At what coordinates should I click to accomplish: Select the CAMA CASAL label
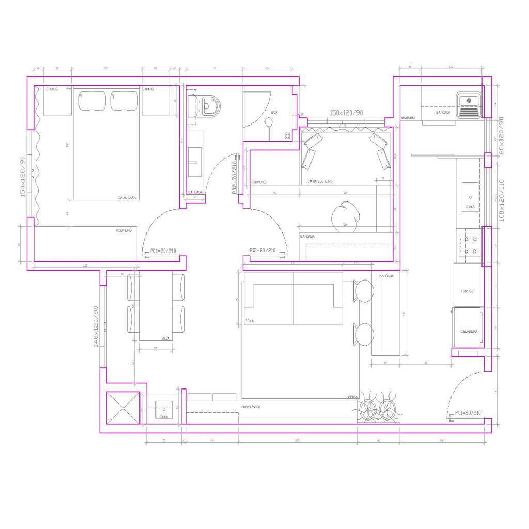128,198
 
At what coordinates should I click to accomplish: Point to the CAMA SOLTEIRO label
320,181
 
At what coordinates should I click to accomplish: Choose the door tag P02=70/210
235,177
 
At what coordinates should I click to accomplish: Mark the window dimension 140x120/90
96,326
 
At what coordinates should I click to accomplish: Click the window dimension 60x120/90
500,138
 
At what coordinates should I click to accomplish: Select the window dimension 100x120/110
500,200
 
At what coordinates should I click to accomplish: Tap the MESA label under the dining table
166,338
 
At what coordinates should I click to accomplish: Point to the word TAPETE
353,397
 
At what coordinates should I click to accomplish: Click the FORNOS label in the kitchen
467,291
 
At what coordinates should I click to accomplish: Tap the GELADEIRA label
469,331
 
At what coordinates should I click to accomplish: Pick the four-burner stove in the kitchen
470,245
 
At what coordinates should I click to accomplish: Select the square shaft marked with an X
123,408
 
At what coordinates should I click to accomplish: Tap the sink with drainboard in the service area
469,105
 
